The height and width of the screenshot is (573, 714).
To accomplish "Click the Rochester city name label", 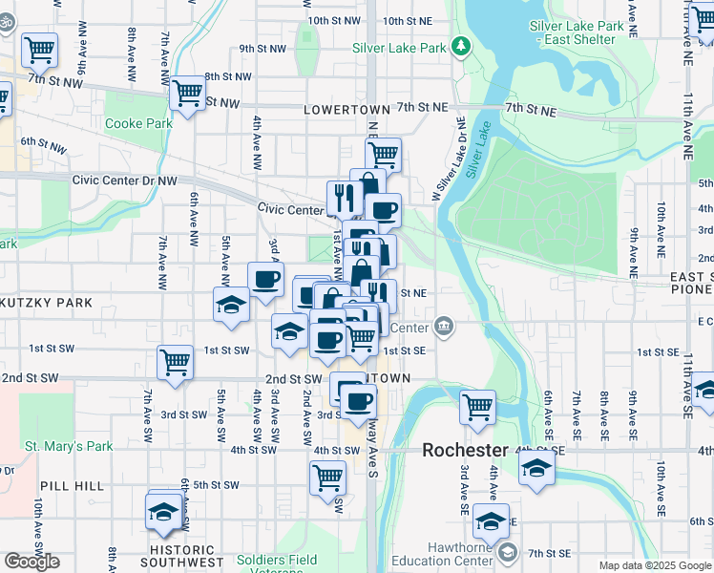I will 466,450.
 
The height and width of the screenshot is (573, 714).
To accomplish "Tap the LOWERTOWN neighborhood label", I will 342,111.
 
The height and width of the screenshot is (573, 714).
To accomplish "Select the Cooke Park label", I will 138,123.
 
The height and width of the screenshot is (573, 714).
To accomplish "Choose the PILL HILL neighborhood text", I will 70,486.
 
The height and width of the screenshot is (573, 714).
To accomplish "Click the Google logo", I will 31,562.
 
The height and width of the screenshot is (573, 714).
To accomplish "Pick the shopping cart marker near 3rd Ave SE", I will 477,407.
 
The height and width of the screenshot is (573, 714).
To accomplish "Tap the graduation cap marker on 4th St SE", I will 537,469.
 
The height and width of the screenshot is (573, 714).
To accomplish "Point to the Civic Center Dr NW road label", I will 125,180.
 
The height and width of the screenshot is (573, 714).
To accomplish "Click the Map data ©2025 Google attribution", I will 655,565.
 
